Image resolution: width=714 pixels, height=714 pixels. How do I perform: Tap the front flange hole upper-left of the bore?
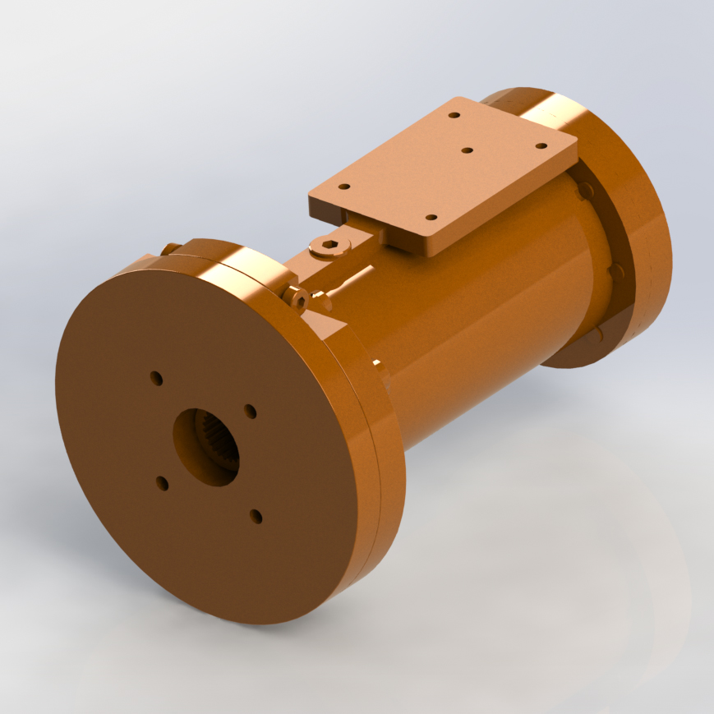[156, 378]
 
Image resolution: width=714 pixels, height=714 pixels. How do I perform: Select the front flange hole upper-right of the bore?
[251, 411]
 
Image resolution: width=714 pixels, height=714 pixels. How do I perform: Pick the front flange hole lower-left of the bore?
[163, 484]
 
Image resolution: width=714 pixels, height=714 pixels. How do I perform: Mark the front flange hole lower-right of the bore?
[256, 516]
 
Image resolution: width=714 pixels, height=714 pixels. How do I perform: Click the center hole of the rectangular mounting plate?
[467, 150]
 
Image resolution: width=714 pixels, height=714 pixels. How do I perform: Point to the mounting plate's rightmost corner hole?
[541, 146]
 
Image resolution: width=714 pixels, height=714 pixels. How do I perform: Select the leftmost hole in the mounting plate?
[344, 187]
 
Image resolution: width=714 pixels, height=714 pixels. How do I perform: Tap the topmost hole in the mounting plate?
[453, 115]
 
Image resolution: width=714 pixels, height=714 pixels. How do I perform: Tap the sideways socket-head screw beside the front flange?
[297, 300]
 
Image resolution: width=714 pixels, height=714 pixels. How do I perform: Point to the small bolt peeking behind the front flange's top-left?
[169, 248]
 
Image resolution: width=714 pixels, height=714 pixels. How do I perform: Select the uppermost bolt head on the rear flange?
[584, 191]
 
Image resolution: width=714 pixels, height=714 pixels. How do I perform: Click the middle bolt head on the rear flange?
[615, 271]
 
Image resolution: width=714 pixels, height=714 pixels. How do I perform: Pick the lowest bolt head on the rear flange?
[598, 334]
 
